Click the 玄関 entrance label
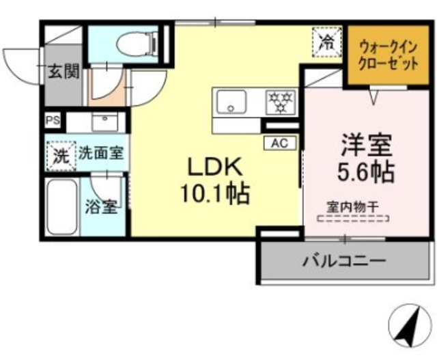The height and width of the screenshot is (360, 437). pos(64,70)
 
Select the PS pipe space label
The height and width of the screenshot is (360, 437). pos(52,121)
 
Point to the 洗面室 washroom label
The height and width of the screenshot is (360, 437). pos(100,153)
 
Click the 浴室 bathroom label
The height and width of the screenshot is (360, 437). pos(100,206)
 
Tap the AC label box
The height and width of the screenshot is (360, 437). pos(279,143)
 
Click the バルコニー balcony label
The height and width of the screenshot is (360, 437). pos(345,260)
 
